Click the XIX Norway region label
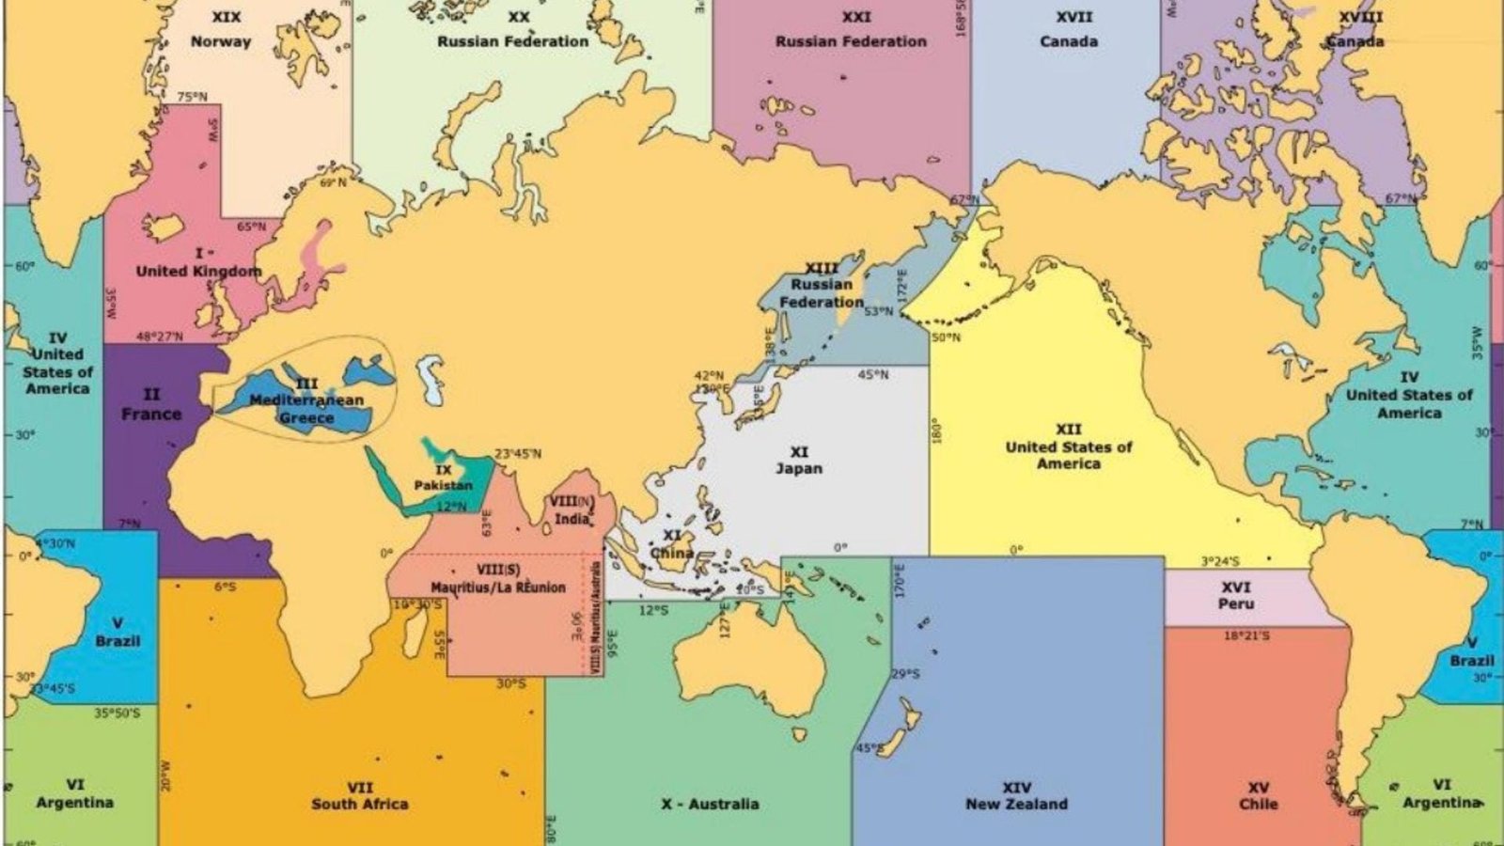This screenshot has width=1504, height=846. tap(221, 30)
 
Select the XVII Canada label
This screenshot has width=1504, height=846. tap(1069, 30)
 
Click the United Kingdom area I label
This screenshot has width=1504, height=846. tap(199, 263)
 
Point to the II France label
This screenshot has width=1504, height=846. tap(151, 404)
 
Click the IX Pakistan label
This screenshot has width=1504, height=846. tap(444, 478)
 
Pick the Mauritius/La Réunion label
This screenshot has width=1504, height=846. tap(498, 579)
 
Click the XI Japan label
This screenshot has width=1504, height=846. tap(799, 461)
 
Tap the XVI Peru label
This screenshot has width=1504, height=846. tap(1236, 596)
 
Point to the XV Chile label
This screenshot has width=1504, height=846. tap(1259, 795)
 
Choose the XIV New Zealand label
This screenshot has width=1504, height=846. tap(1016, 795)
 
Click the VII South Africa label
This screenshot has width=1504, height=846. tap(360, 795)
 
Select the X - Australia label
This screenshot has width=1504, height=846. tap(710, 804)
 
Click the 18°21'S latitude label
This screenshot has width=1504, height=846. tap(1246, 636)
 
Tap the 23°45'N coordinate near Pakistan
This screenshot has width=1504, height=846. tap(518, 454)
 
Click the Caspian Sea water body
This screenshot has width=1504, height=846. tap(431, 379)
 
